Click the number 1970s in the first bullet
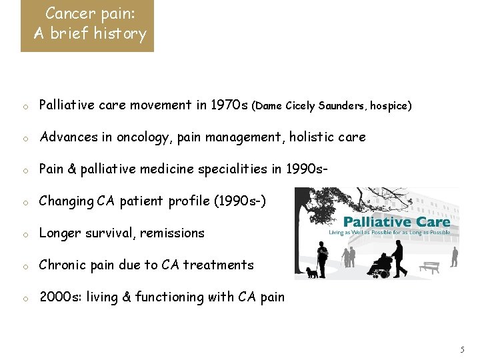(x=229, y=105)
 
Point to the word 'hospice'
(x=390, y=106)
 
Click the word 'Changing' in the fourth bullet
(x=67, y=201)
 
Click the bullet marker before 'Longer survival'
(x=24, y=234)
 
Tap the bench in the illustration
(x=431, y=267)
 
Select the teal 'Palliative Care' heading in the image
(x=397, y=221)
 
